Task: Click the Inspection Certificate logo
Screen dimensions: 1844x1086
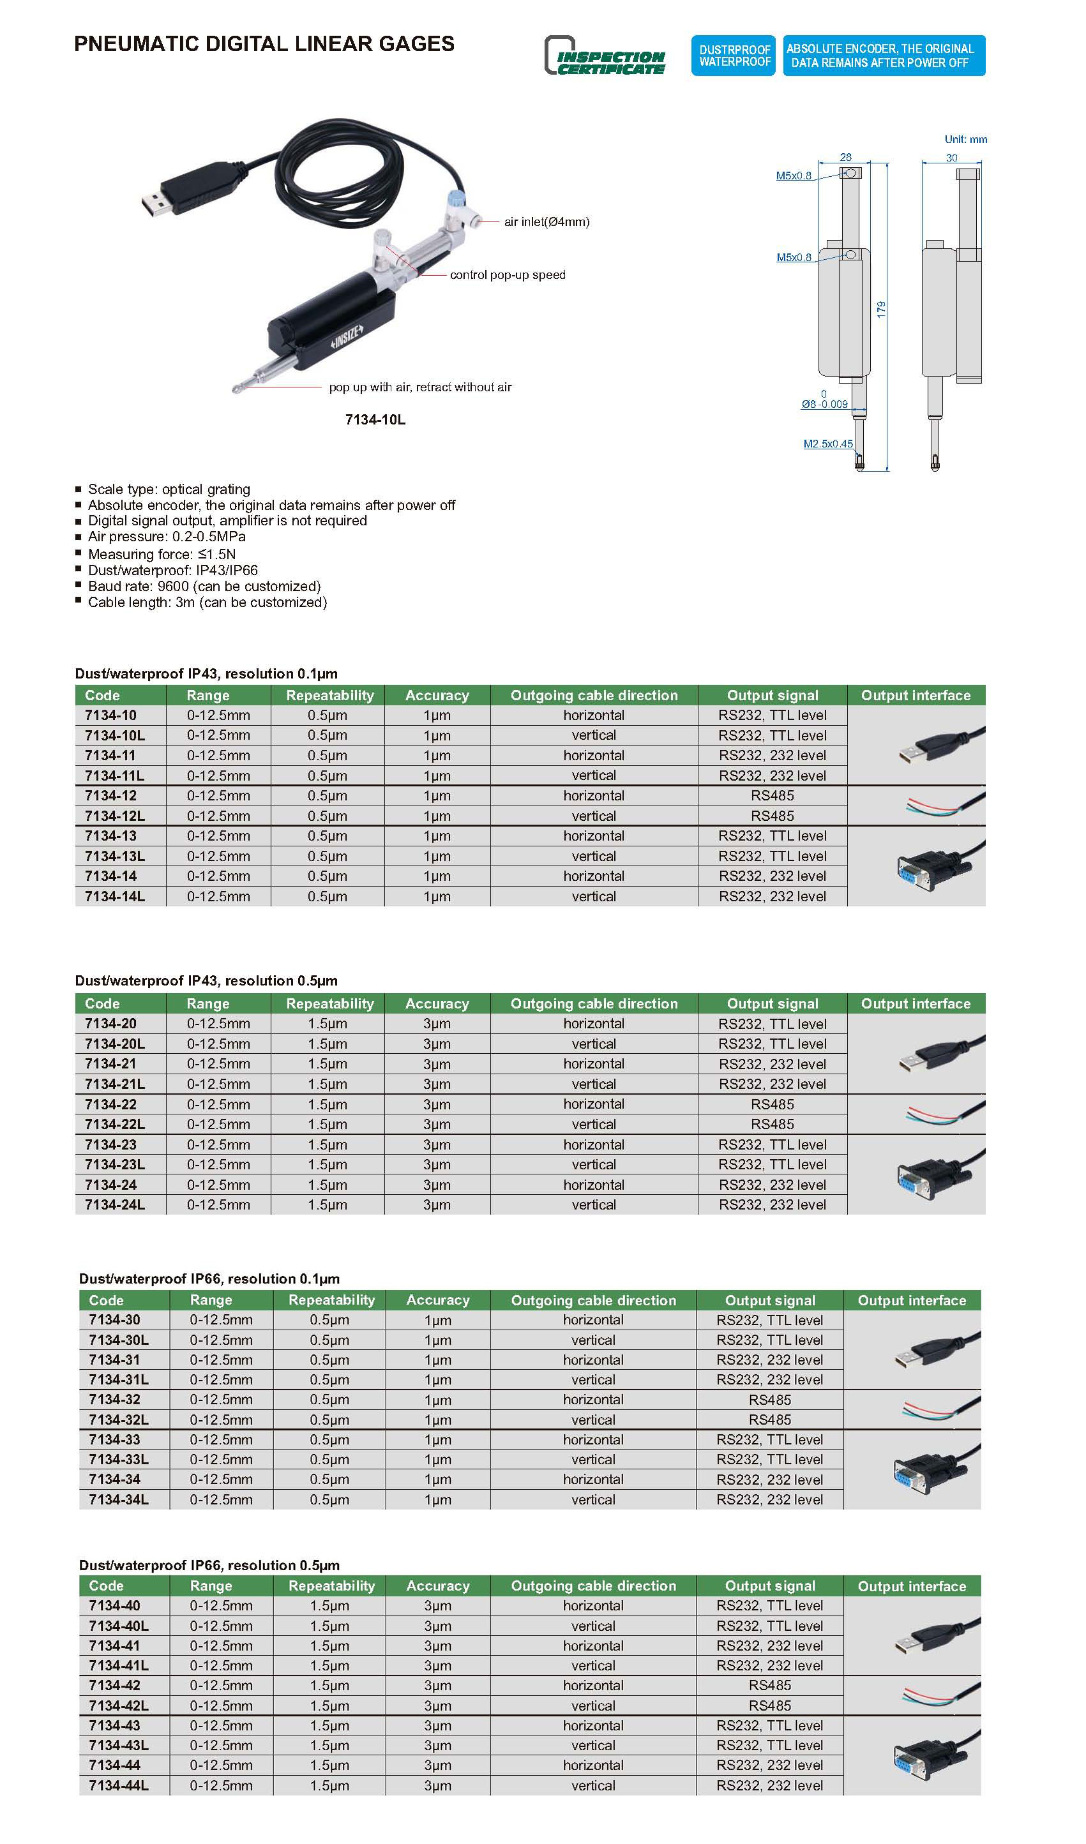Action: tap(605, 56)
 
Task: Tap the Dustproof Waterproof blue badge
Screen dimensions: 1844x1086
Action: tap(734, 56)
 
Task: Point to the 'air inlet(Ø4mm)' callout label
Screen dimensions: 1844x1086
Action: tap(546, 221)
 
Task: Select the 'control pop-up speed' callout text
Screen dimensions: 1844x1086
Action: tap(507, 275)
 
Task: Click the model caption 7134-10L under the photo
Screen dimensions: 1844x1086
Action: tap(375, 420)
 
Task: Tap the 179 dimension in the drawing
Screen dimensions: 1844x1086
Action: tap(881, 309)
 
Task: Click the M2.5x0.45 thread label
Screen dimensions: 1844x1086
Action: tap(827, 444)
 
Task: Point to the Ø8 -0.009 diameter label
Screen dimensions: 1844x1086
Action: tap(824, 404)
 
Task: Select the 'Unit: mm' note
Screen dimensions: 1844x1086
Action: tap(965, 139)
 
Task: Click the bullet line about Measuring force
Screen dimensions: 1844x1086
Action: tap(161, 555)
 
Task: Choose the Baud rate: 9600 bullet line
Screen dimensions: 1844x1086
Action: tap(204, 587)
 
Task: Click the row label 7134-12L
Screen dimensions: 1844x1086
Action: tap(115, 816)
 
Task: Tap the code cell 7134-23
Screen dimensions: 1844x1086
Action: tap(110, 1145)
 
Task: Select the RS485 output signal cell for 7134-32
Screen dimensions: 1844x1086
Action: tap(769, 1400)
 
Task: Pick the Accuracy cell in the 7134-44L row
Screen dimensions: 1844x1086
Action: tap(437, 1785)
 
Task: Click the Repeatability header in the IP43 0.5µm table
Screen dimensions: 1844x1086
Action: tap(329, 1004)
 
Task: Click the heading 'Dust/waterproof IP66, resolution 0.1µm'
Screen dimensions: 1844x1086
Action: tap(209, 1279)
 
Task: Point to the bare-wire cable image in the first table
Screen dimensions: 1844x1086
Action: tap(942, 806)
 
